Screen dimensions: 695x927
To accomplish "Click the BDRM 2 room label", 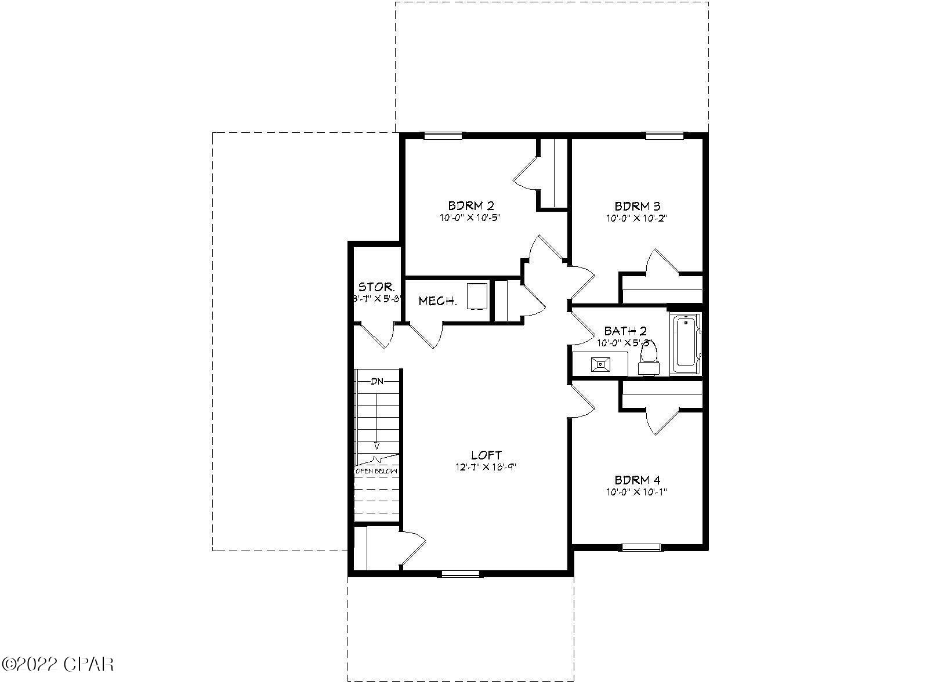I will coord(470,205).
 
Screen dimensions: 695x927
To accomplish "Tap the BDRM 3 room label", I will coord(638,205).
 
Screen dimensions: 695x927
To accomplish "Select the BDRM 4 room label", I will coord(638,480).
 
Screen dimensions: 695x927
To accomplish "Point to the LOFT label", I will coord(486,455).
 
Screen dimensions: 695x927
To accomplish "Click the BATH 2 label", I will coord(625,331).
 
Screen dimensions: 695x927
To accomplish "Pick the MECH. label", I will coord(438,301).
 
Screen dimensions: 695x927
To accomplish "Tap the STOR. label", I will coord(377,287).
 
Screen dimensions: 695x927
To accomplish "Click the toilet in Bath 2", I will coord(648,357).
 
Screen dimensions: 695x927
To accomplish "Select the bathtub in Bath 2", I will coord(685,343).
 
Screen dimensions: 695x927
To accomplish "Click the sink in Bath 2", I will coord(600,364).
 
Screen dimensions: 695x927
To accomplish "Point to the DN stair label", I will coord(377,381).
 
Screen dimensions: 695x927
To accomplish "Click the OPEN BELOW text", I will coord(376,471).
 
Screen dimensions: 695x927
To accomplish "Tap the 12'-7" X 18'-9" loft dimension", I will coord(486,467).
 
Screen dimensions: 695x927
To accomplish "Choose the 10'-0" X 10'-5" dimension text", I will coord(470,218).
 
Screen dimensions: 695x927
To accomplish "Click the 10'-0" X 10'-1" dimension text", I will coord(638,492).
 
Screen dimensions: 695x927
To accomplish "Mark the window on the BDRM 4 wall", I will coord(641,546).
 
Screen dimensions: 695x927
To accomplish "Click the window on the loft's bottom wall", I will coord(461,574).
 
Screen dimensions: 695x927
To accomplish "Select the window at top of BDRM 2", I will coord(443,136).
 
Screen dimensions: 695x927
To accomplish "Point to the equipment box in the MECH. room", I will coord(477,296).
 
